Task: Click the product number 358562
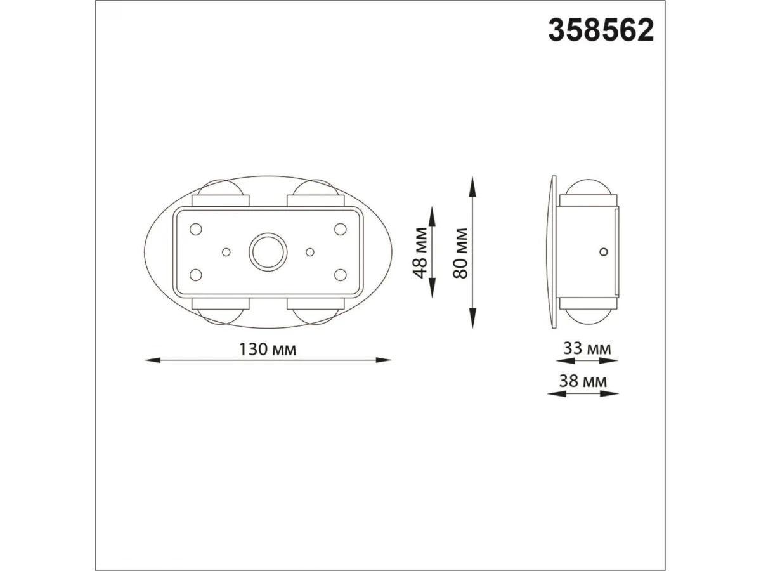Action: [x=601, y=30]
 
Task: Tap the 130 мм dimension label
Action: [x=268, y=349]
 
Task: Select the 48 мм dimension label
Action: [x=420, y=253]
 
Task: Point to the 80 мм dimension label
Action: [x=460, y=253]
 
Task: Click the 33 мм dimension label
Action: [x=587, y=348]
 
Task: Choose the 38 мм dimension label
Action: [x=583, y=381]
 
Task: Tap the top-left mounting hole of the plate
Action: [x=196, y=229]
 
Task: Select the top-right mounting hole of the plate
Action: [x=340, y=229]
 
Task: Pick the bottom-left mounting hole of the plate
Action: [x=196, y=275]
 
